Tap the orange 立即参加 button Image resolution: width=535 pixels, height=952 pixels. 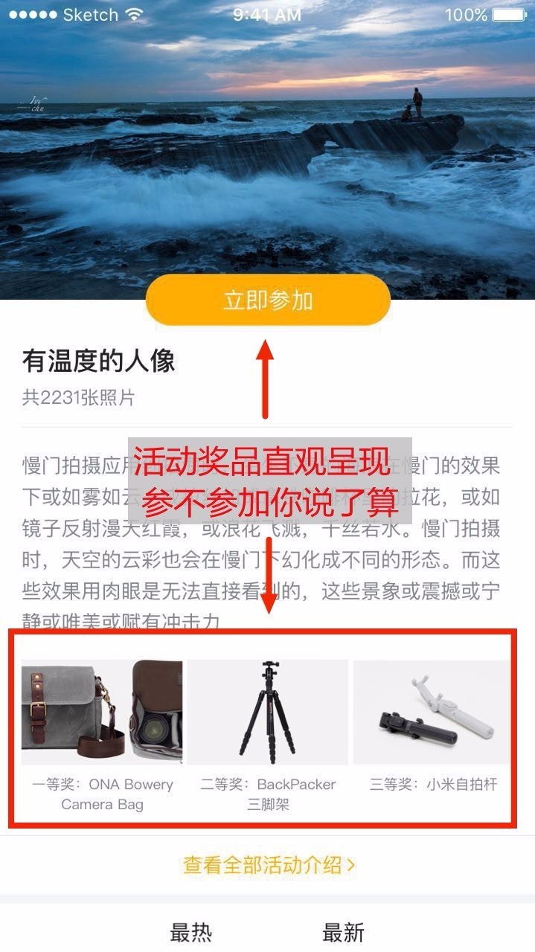coord(268,300)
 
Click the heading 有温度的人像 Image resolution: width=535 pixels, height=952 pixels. coord(99,361)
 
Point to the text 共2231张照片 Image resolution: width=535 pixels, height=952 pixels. coord(79,398)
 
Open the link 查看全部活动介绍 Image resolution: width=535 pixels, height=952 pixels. coord(269,865)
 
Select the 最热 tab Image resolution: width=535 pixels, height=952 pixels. coord(191,932)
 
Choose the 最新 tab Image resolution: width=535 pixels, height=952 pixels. coord(343,932)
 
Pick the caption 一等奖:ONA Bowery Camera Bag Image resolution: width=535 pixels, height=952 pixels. coord(103,794)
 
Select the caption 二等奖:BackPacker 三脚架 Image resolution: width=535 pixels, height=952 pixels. coord(268,794)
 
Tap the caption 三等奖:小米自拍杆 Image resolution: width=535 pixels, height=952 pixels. coord(433,785)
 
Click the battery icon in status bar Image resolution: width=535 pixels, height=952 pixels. coord(510,15)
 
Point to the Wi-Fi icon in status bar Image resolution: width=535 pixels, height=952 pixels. coord(134,15)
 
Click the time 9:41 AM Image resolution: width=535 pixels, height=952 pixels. coord(267,15)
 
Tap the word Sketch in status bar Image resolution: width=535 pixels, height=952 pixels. coord(90,15)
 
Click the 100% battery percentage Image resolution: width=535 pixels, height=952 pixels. coord(466,15)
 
